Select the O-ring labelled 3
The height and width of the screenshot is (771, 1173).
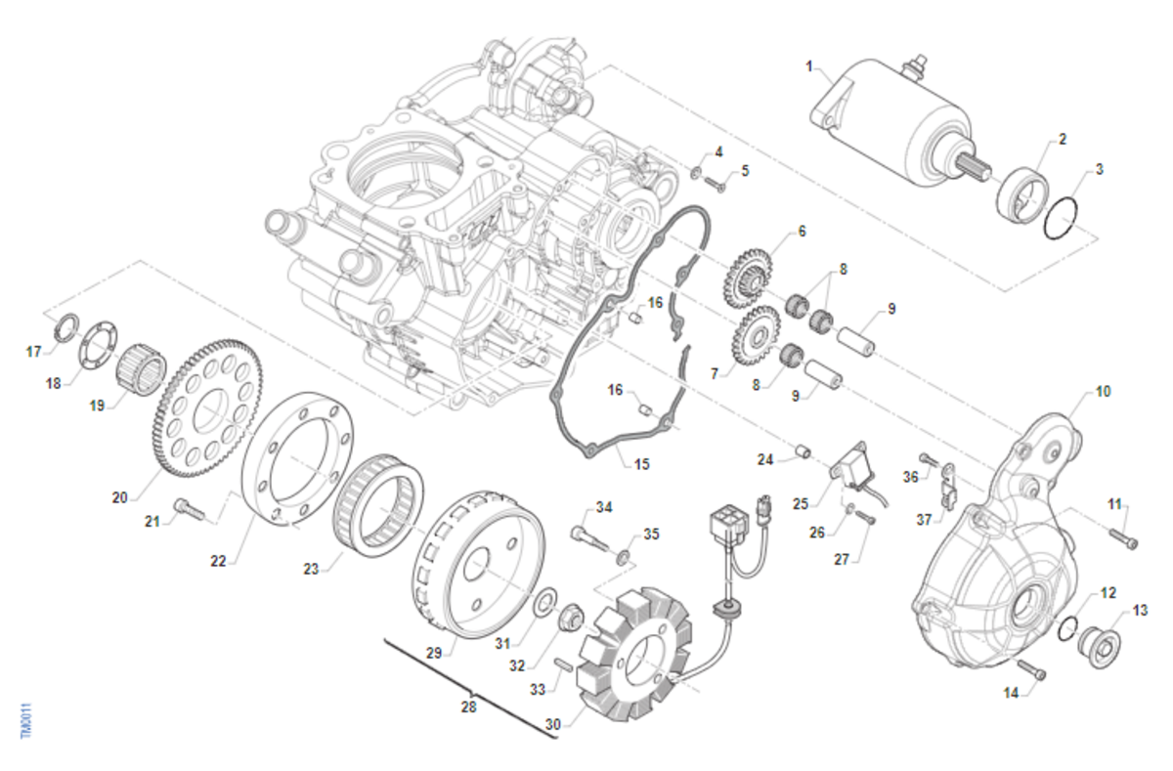1061,220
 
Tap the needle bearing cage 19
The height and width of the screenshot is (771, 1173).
138,370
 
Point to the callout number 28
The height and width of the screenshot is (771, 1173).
469,706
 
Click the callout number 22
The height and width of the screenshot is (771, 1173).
218,562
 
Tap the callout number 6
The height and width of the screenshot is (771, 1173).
802,232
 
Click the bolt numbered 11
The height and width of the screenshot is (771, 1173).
1122,536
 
